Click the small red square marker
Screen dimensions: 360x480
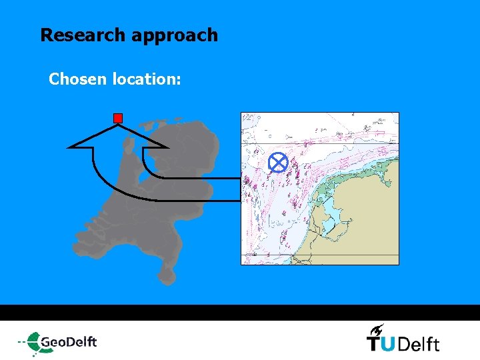pyautogui.click(x=118, y=118)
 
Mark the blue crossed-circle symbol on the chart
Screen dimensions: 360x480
pyautogui.click(x=278, y=163)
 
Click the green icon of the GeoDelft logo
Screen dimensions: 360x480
pyautogui.click(x=32, y=342)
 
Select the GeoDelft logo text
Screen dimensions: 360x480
pyautogui.click(x=69, y=342)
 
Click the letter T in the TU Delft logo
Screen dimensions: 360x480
pyautogui.click(x=375, y=343)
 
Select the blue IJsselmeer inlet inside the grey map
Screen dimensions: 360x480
pyautogui.click(x=155, y=167)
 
